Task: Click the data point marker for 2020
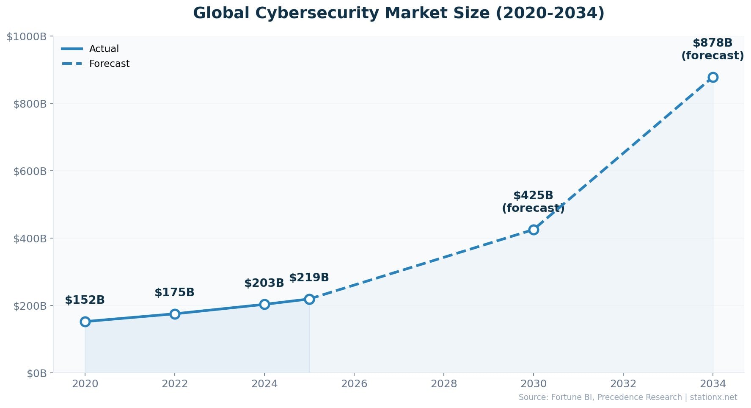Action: (85, 322)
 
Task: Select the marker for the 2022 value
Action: (175, 314)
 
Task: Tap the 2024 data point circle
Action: (264, 304)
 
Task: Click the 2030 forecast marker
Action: (534, 230)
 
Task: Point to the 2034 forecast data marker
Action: (713, 77)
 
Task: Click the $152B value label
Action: (85, 300)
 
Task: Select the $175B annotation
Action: (174, 292)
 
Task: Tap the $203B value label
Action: (264, 283)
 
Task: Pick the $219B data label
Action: (309, 278)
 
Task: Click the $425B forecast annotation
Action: (533, 202)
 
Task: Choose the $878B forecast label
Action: (712, 49)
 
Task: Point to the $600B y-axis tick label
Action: (30, 171)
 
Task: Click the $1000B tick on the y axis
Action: (27, 37)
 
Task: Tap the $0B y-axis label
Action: (36, 373)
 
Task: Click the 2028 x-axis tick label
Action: (444, 384)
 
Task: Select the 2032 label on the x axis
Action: (623, 384)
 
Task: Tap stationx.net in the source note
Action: (713, 397)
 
